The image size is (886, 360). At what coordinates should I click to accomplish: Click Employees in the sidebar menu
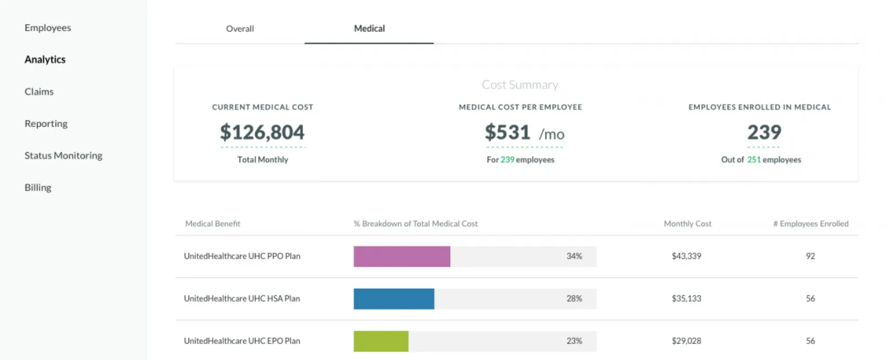point(48,28)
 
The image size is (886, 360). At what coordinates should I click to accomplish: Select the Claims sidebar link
point(39,92)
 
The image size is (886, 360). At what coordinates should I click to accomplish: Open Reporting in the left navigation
point(46,124)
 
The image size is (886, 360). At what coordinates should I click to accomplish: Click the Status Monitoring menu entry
point(63,156)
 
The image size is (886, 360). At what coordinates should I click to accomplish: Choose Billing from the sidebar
point(38,188)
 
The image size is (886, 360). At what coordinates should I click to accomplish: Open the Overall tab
point(240,29)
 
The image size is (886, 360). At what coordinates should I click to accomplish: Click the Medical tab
point(369,29)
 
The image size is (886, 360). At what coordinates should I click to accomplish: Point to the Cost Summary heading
point(519,85)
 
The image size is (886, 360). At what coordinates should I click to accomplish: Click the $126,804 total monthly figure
point(262,132)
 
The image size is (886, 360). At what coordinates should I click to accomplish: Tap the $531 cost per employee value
point(508,132)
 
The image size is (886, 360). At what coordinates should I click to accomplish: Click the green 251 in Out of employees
point(754,160)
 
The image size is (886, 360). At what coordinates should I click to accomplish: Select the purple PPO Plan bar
point(401,256)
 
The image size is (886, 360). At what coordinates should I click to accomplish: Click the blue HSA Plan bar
point(394,299)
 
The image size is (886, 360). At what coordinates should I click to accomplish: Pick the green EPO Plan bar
point(381,341)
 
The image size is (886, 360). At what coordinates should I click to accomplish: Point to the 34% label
point(574,256)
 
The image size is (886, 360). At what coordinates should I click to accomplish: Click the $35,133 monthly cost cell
point(686,299)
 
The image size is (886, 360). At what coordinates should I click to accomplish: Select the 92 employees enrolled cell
point(810,256)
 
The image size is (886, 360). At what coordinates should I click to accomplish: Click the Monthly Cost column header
point(687,224)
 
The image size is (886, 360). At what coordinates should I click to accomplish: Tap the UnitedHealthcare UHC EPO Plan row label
point(242,341)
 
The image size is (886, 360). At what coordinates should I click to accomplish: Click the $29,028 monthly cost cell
point(686,341)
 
